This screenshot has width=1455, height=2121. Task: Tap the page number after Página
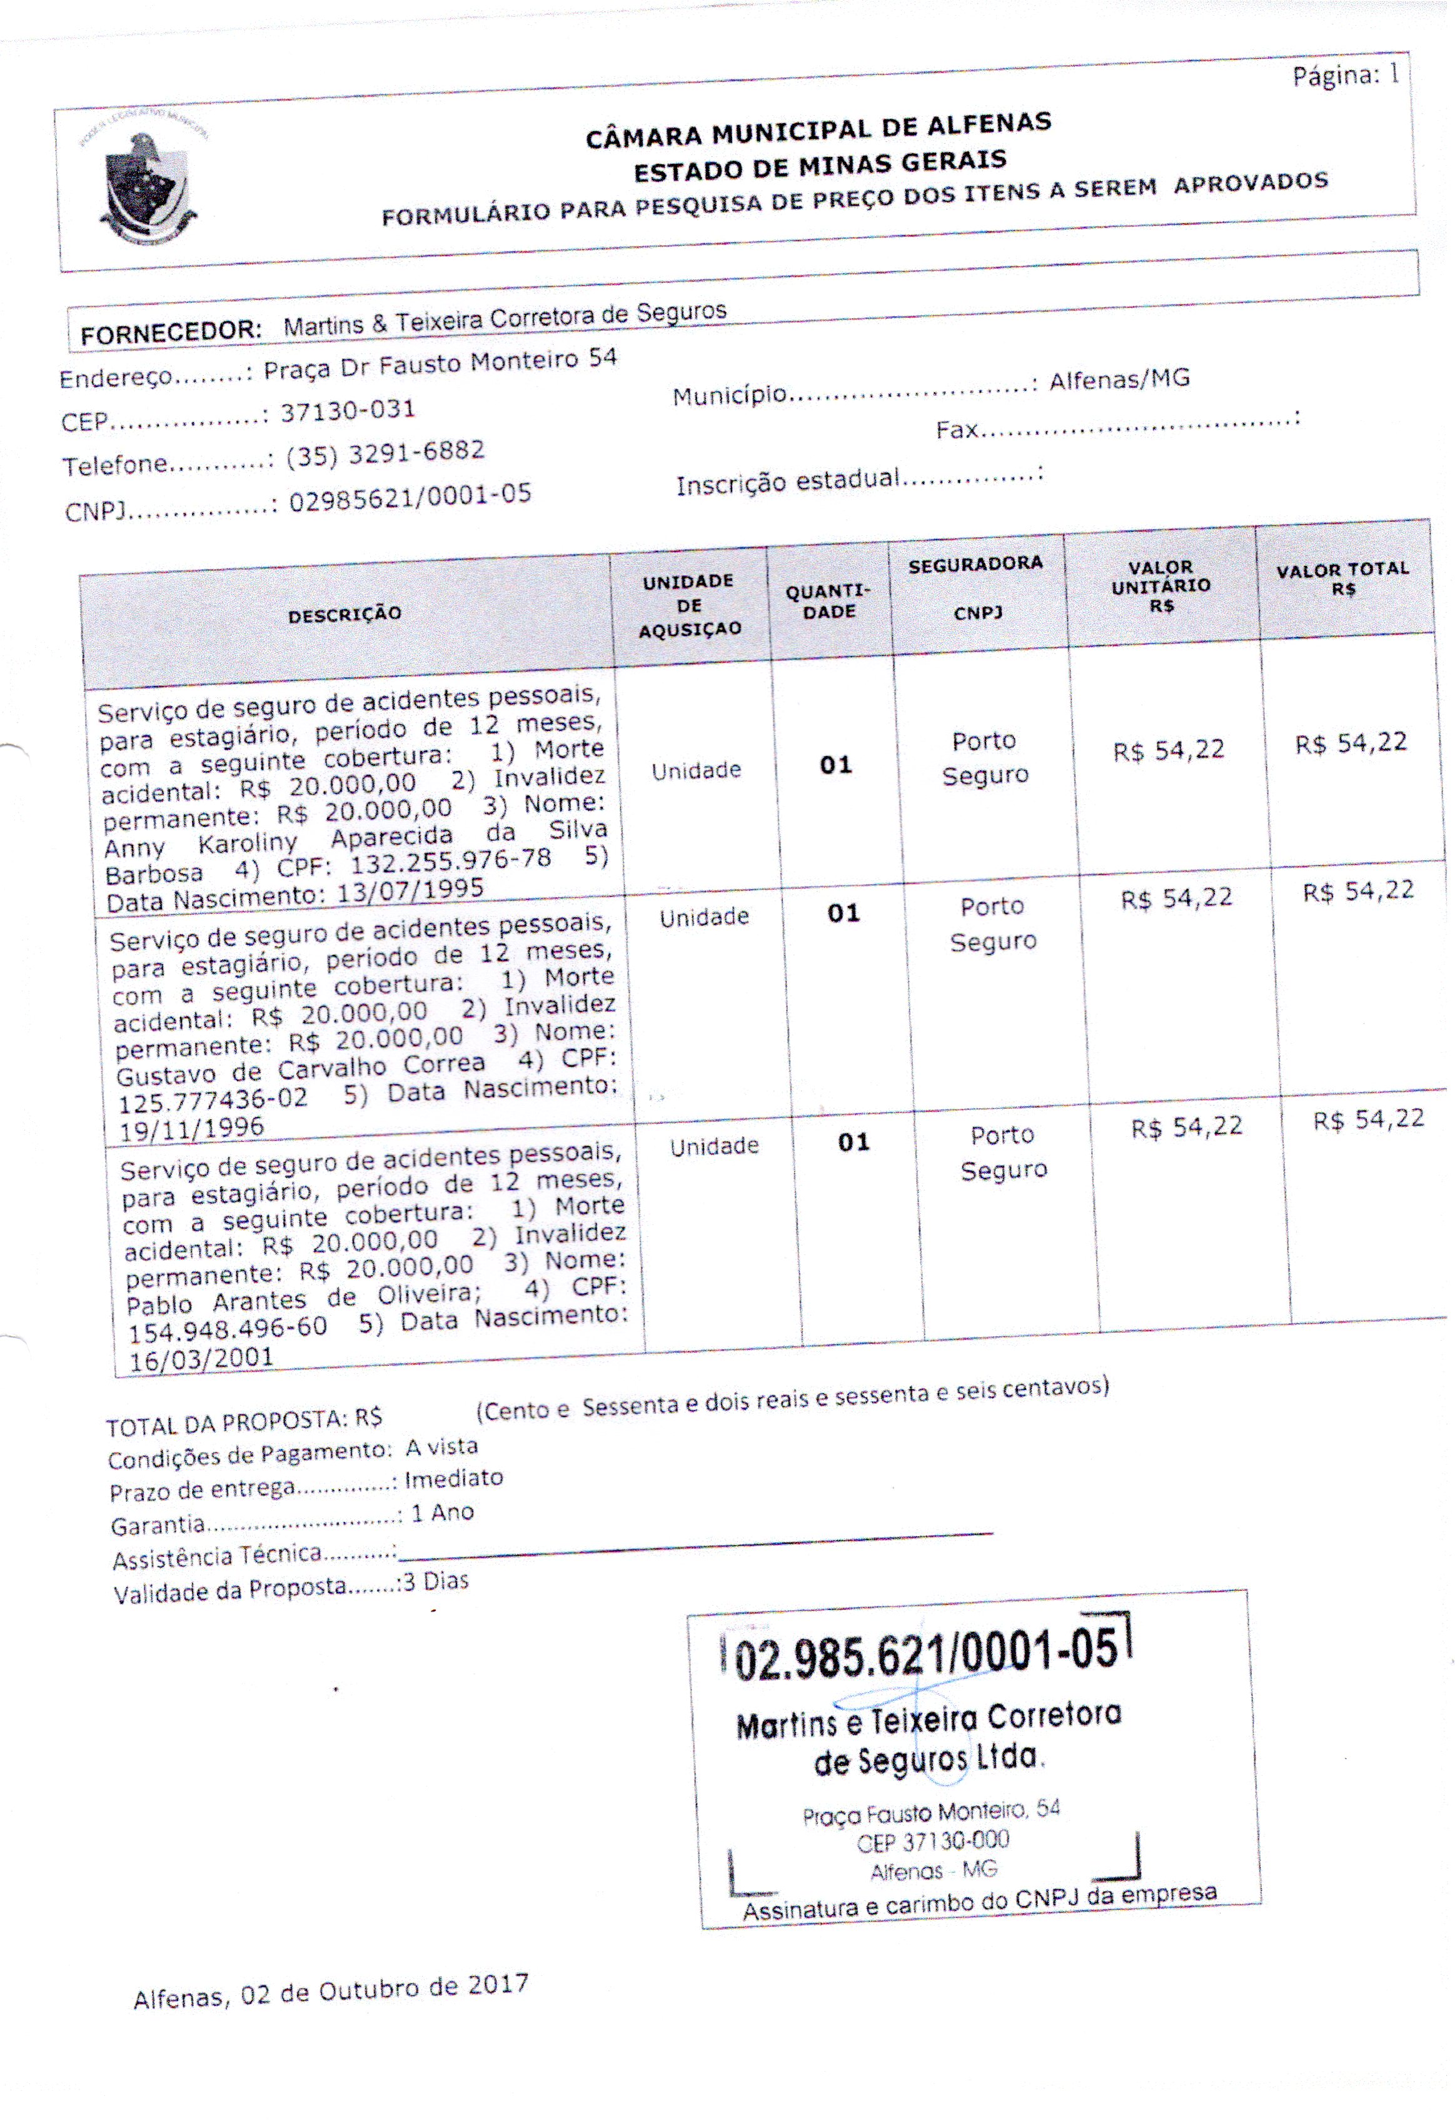point(1393,74)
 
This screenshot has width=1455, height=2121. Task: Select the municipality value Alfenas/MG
point(1119,379)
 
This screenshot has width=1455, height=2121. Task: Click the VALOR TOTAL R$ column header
point(1342,578)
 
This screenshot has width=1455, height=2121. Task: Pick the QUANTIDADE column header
point(828,602)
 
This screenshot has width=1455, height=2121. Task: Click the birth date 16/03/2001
point(201,1358)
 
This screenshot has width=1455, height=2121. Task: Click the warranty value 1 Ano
point(442,1513)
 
